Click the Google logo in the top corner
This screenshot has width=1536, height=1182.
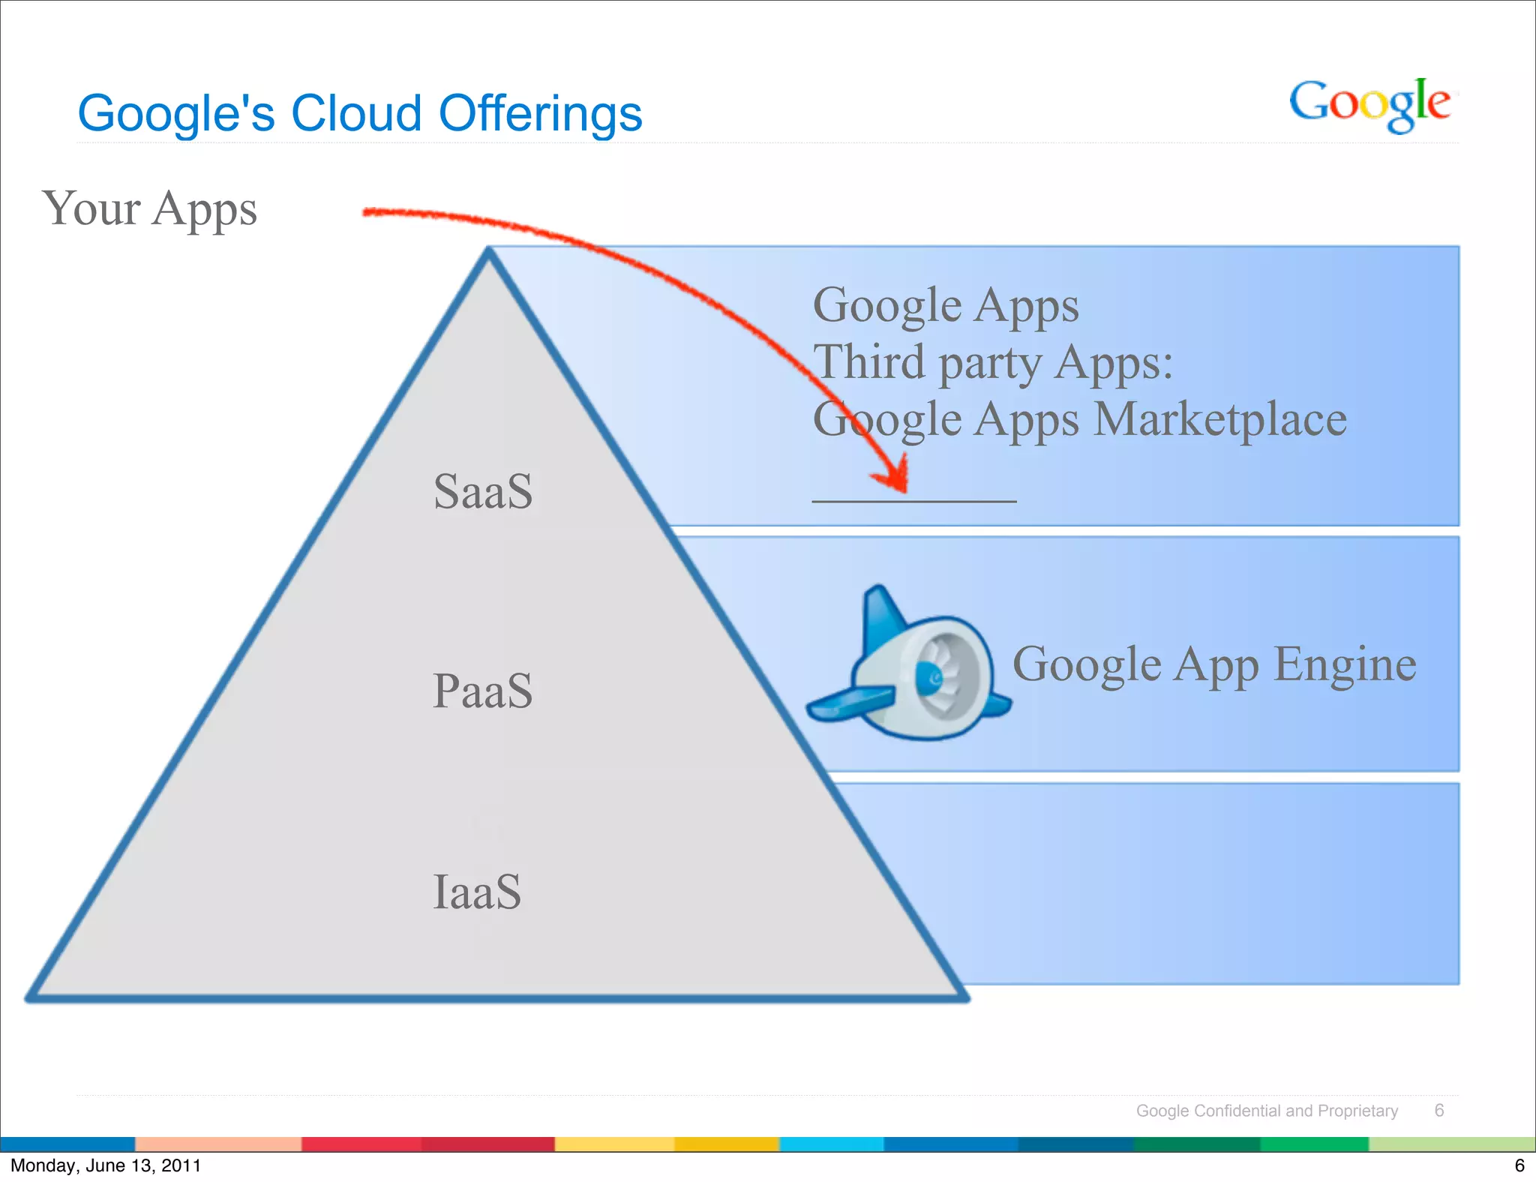[1369, 105]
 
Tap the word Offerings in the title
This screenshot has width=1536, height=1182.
[540, 114]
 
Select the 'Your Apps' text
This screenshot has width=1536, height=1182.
[150, 208]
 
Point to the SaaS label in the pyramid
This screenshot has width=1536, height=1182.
[483, 492]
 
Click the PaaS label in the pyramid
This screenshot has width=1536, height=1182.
[482, 691]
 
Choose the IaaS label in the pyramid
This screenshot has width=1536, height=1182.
[477, 892]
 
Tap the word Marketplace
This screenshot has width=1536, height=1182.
[1220, 419]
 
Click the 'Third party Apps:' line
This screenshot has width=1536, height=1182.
[993, 363]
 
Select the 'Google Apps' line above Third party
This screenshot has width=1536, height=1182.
[946, 306]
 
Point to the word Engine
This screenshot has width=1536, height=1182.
[1345, 664]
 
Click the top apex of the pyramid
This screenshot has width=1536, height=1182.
[488, 251]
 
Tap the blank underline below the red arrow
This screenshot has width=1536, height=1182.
[913, 501]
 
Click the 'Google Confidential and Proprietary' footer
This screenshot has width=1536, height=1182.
[1267, 1111]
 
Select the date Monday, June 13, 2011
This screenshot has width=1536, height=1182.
[106, 1165]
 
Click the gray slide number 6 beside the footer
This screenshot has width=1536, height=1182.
[1438, 1111]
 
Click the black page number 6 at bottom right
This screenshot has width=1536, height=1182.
[1519, 1165]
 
